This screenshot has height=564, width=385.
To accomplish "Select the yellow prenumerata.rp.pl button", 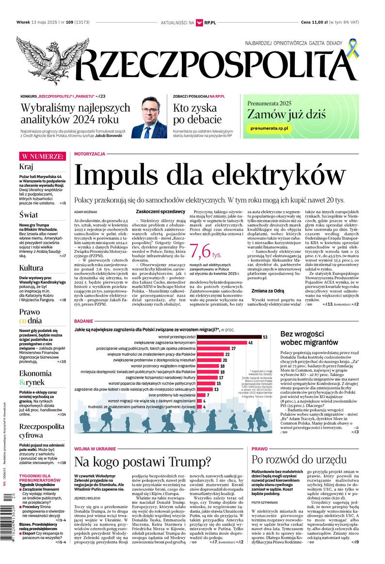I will click(x=270, y=128).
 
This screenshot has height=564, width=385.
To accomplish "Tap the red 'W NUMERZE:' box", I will click(x=42, y=156).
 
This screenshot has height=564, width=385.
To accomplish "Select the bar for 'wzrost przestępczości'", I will click(x=221, y=336).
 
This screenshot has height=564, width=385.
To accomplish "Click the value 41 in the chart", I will click(x=251, y=343).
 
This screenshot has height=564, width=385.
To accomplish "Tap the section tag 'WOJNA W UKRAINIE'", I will click(x=95, y=448).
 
